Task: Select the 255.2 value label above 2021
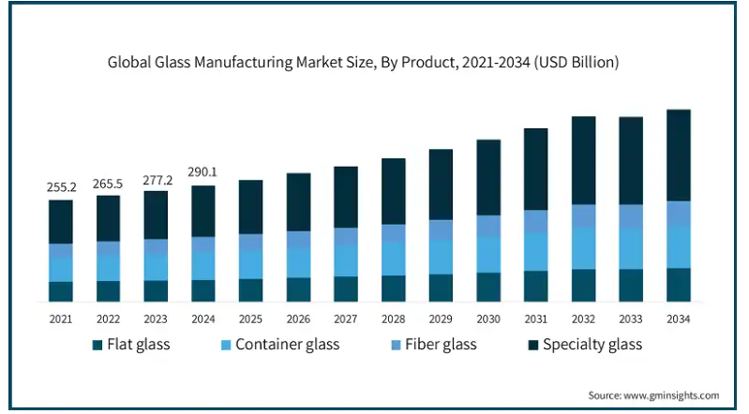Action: [61, 187]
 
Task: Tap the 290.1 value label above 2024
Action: [203, 172]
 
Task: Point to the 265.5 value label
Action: [108, 183]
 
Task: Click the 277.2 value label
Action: [156, 178]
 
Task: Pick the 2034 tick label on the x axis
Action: [678, 318]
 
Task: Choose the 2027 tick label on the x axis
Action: [346, 318]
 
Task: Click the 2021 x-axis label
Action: [61, 318]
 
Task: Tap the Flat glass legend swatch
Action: [98, 345]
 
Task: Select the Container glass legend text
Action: [287, 345]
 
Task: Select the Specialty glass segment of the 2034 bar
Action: [678, 155]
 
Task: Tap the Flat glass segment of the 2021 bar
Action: [61, 291]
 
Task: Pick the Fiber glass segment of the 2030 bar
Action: [488, 226]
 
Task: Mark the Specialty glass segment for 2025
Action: [250, 206]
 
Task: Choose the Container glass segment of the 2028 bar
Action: [394, 259]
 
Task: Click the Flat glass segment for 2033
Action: [631, 285]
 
